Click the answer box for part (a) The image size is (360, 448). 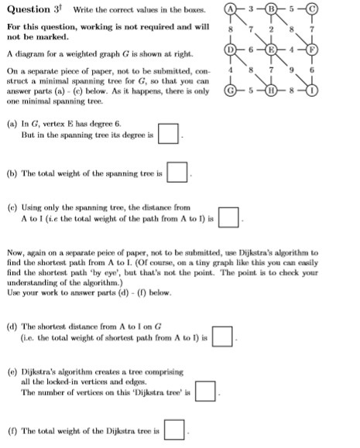[168, 134]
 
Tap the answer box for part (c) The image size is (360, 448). [227, 217]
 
